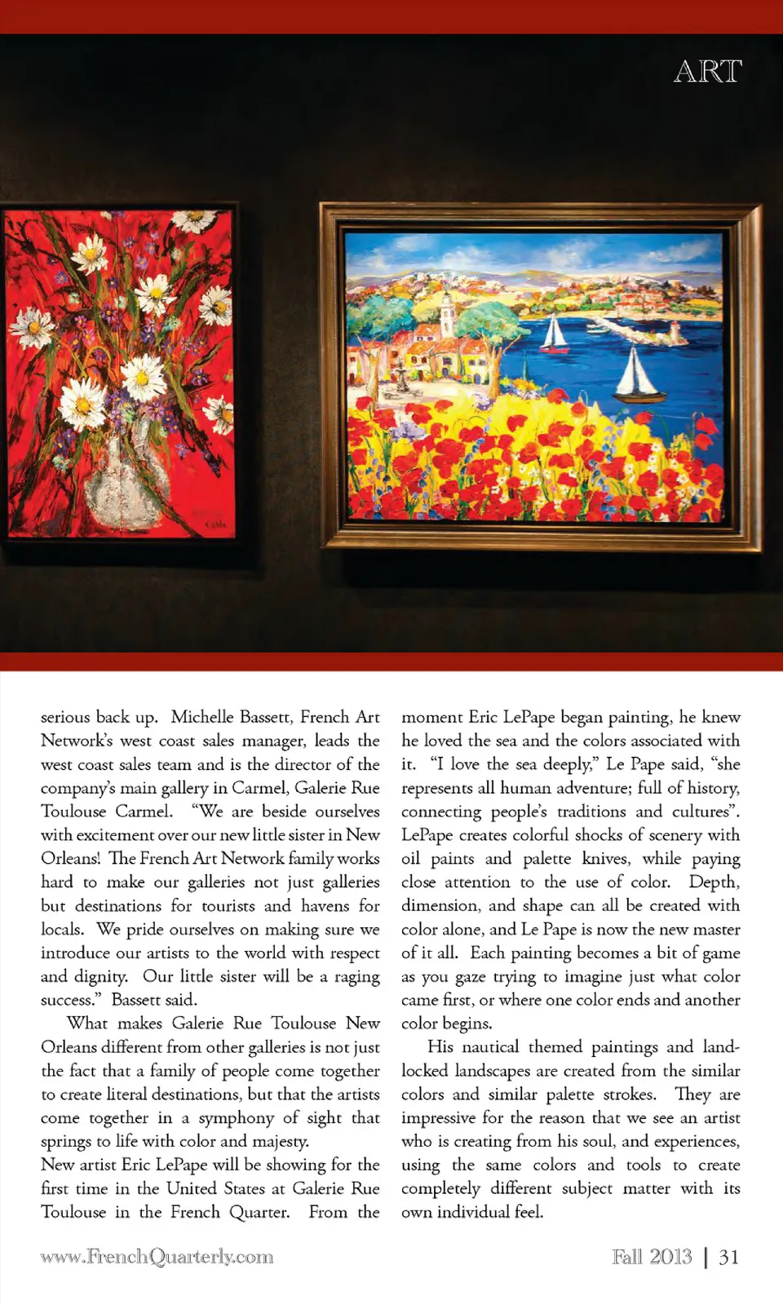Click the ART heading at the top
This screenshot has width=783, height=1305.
[707, 72]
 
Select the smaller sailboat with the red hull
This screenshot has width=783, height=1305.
[555, 334]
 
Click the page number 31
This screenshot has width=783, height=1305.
[728, 1257]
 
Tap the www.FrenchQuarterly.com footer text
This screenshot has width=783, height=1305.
[157, 1257]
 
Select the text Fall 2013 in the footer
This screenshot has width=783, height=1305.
[652, 1257]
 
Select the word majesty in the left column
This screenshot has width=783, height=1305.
[279, 1141]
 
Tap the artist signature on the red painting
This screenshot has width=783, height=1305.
[214, 523]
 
